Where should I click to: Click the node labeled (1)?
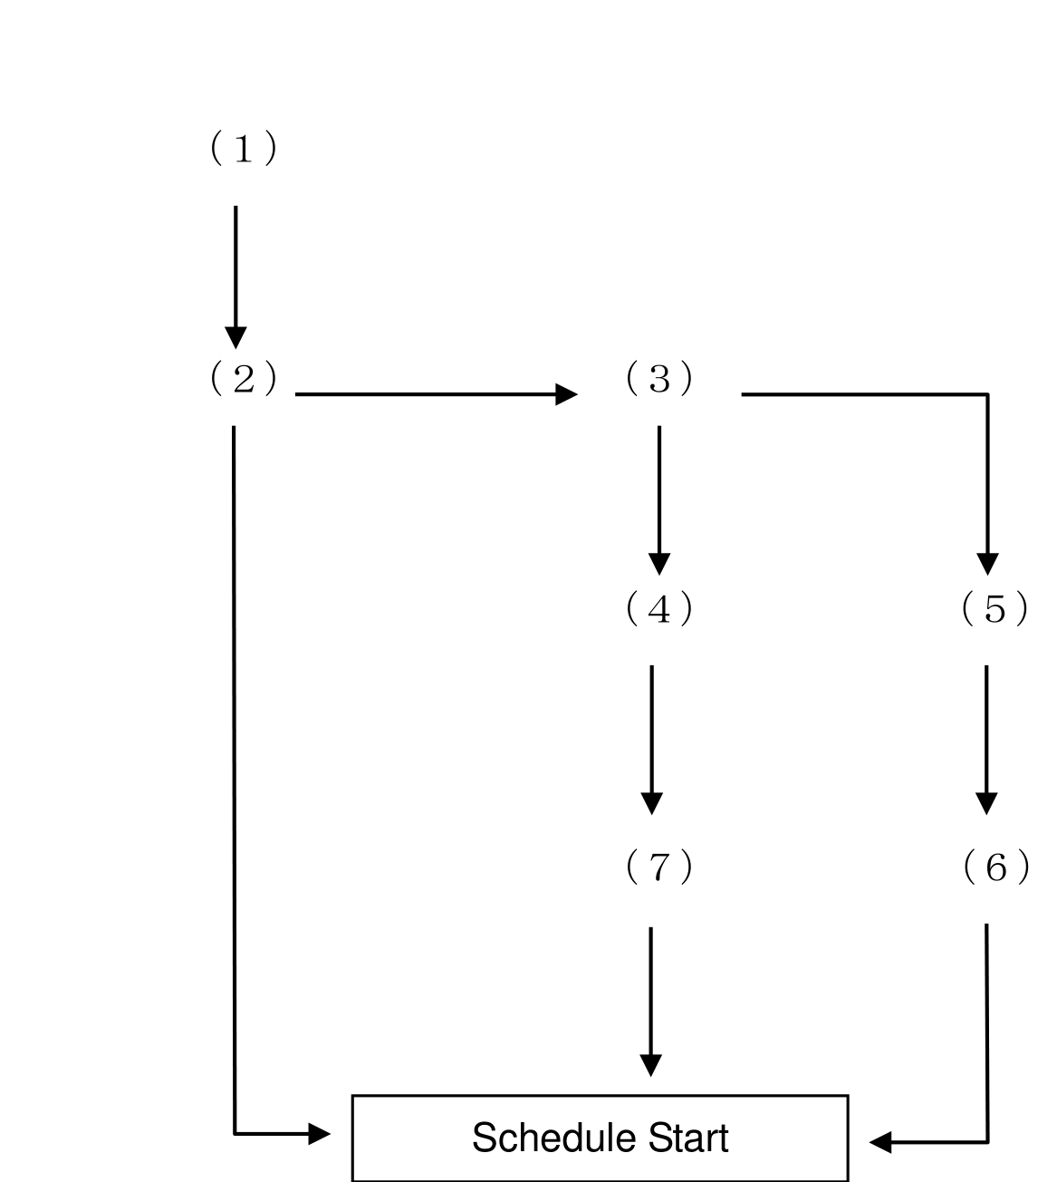click(x=243, y=148)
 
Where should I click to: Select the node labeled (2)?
click(x=243, y=377)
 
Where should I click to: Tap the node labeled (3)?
click(x=658, y=377)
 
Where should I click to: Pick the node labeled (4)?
click(x=658, y=608)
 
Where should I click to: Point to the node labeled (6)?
click(x=995, y=867)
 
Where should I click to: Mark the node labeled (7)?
click(x=658, y=867)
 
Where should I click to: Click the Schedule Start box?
click(x=600, y=1139)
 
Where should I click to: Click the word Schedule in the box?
click(x=553, y=1138)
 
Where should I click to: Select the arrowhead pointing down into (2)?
click(x=235, y=338)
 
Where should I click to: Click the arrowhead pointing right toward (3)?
click(x=566, y=394)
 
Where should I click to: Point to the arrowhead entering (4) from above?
click(x=659, y=564)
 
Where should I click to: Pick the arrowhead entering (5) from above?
click(x=987, y=564)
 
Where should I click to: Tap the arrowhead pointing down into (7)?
click(x=652, y=804)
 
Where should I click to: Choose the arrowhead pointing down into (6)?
click(x=986, y=804)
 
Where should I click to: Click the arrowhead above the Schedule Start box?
click(x=650, y=1066)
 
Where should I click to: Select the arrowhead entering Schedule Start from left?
click(x=320, y=1134)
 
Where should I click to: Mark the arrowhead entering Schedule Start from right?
click(x=880, y=1142)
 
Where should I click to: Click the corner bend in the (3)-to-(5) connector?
click(x=987, y=394)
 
